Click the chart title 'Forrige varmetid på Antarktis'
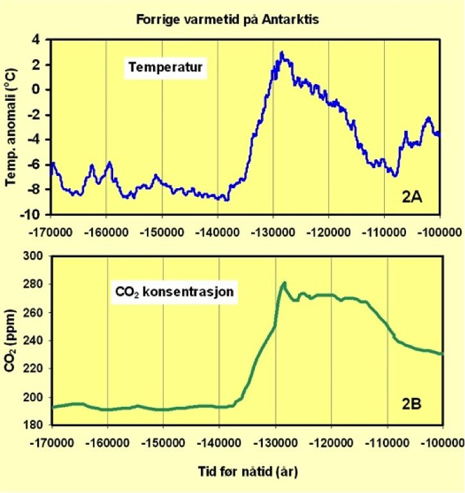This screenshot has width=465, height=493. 232,19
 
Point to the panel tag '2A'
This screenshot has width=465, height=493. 413,198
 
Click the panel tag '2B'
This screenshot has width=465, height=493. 412,405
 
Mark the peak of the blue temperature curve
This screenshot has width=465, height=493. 281,53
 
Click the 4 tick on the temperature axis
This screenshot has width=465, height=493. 36,40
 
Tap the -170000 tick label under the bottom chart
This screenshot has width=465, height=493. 51,442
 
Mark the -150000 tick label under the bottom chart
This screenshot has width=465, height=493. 162,442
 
